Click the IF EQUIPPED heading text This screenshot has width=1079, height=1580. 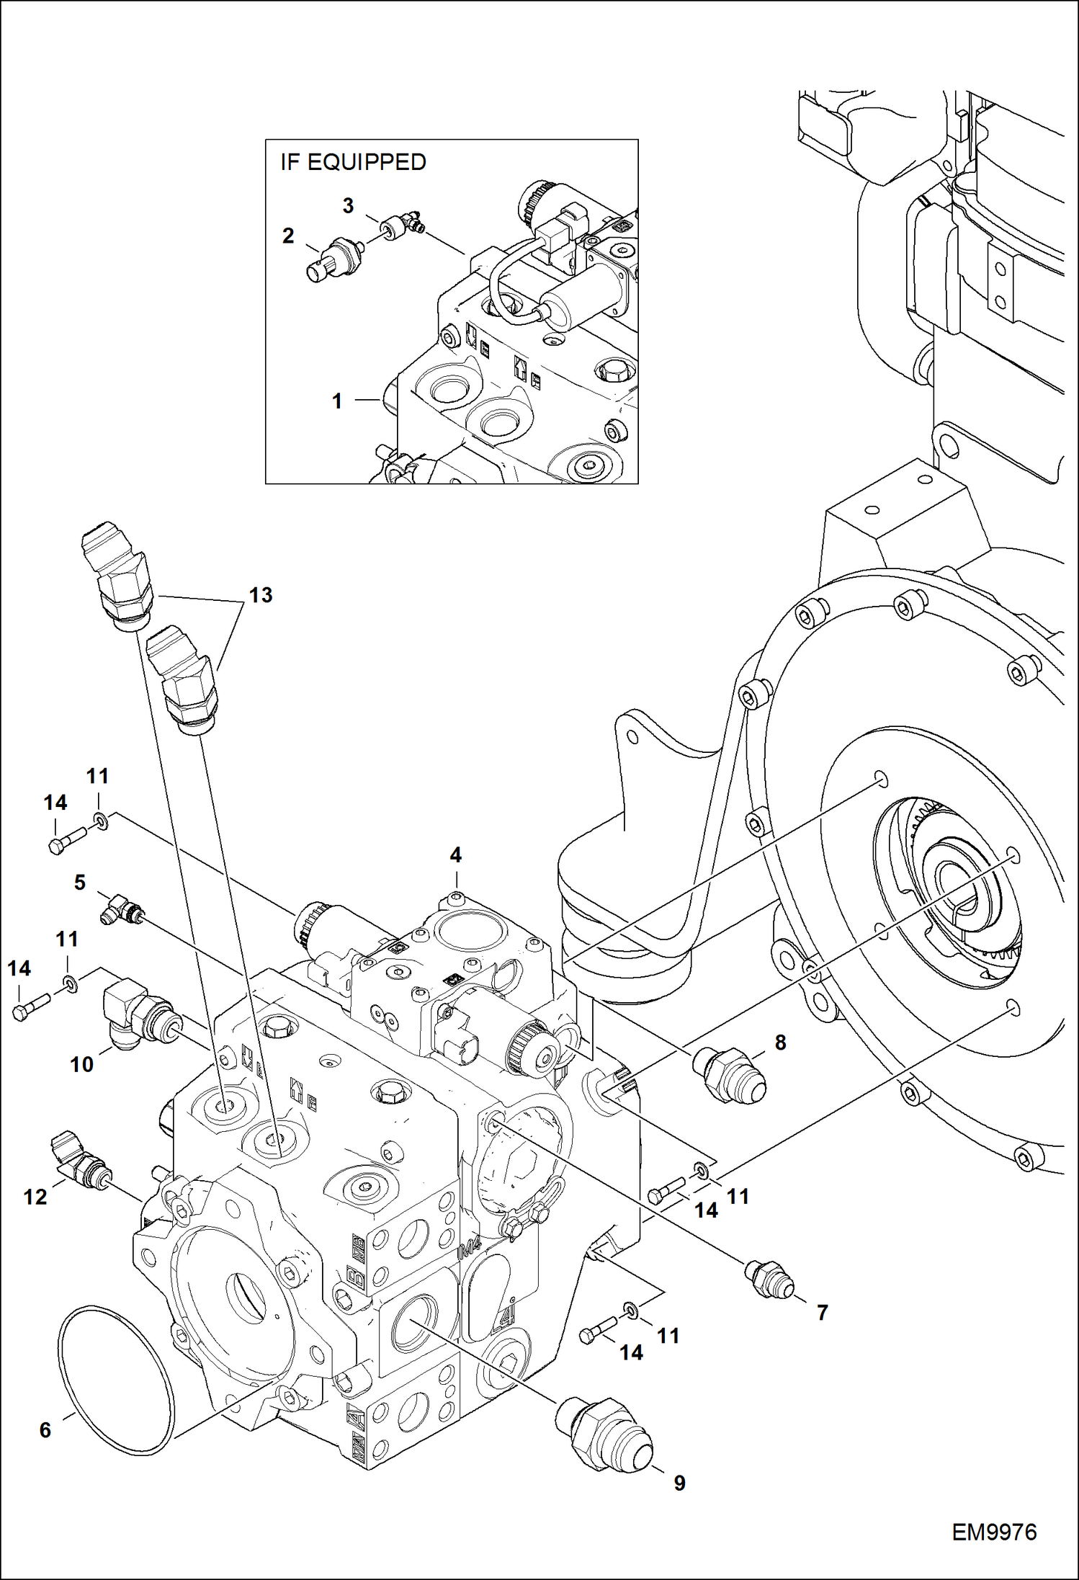pyautogui.click(x=353, y=162)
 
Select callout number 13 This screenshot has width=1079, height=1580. pyautogui.click(x=261, y=595)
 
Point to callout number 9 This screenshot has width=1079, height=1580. pyautogui.click(x=679, y=1483)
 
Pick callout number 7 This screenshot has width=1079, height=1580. pyautogui.click(x=822, y=1313)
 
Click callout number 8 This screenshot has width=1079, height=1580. pyautogui.click(x=781, y=1043)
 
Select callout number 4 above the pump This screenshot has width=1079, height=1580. pyautogui.click(x=455, y=855)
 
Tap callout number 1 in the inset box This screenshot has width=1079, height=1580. pyautogui.click(x=337, y=401)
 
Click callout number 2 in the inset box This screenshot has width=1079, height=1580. pyautogui.click(x=288, y=236)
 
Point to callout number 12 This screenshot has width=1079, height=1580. pyautogui.click(x=35, y=1197)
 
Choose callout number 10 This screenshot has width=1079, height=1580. pyautogui.click(x=81, y=1064)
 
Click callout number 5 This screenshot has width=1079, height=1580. pyautogui.click(x=80, y=882)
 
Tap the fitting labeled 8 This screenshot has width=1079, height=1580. pyautogui.click(x=728, y=1076)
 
